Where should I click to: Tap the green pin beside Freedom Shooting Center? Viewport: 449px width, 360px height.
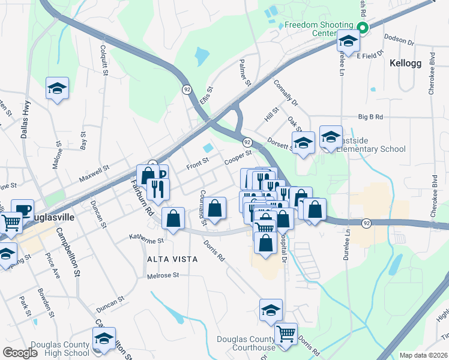click(x=362, y=27)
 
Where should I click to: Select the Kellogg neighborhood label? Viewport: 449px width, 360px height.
click(x=405, y=63)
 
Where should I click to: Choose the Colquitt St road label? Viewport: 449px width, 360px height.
click(x=104, y=61)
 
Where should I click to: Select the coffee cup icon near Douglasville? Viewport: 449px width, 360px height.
click(x=22, y=209)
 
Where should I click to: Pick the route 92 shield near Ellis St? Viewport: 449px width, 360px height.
click(x=187, y=88)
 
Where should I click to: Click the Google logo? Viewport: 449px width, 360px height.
click(x=20, y=353)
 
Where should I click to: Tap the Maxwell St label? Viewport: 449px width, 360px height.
click(x=94, y=175)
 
